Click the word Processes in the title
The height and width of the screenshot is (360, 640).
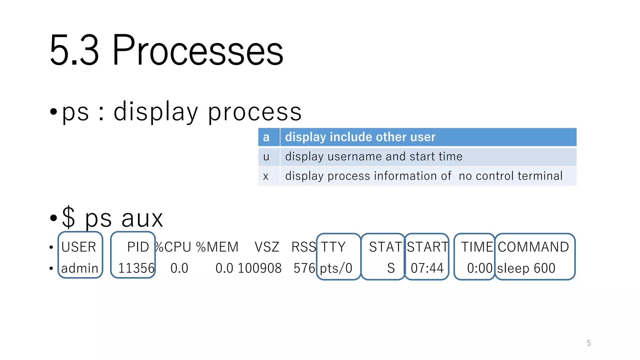197,51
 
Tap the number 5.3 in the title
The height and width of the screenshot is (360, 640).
74,51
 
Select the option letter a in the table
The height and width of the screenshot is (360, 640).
266,137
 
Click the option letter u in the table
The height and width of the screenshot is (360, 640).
266,157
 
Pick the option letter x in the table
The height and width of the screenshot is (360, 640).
266,176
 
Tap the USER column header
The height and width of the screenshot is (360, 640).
78,247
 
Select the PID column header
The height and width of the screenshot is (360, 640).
138,247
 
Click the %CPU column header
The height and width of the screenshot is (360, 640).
173,247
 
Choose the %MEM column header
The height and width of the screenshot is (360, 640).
217,247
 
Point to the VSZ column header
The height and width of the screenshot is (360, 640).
267,247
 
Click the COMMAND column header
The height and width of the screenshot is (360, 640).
533,247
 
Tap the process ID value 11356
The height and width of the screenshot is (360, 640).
136,268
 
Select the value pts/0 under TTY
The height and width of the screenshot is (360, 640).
336,268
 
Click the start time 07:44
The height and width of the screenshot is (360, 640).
427,268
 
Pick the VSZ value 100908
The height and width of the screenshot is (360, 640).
259,268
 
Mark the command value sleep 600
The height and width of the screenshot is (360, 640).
526,268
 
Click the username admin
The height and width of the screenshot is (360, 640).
80,268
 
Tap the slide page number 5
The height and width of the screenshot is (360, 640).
589,343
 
